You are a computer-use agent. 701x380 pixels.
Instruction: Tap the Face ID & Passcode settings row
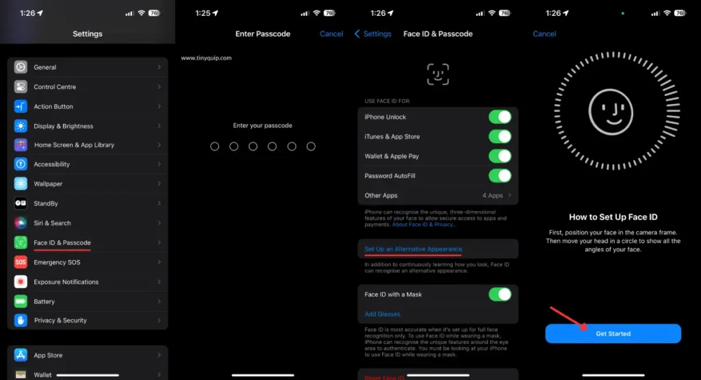click(x=62, y=242)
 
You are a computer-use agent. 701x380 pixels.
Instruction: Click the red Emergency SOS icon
click(x=21, y=262)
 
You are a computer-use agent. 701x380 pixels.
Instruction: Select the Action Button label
click(x=53, y=107)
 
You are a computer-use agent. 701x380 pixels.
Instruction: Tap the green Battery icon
click(x=21, y=301)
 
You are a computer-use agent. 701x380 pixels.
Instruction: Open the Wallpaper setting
click(x=48, y=184)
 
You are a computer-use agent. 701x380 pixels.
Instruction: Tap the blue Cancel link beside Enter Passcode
click(x=331, y=34)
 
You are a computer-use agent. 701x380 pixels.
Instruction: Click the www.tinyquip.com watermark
click(x=206, y=58)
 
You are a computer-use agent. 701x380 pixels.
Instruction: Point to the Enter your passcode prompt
click(x=263, y=126)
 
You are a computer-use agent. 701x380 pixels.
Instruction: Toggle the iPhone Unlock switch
click(x=500, y=117)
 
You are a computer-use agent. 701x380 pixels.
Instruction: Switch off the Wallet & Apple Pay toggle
click(x=500, y=156)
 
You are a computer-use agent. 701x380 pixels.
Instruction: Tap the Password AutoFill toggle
click(x=500, y=176)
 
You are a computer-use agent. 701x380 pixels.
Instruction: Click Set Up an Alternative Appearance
click(x=413, y=249)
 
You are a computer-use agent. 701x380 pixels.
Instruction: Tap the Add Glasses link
click(x=383, y=314)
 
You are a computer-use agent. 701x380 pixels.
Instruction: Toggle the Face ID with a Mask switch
click(x=500, y=294)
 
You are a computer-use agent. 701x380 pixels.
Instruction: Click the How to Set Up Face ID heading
click(x=613, y=217)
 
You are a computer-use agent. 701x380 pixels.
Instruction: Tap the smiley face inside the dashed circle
click(x=613, y=112)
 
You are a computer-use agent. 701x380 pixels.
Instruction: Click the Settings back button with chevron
click(x=373, y=34)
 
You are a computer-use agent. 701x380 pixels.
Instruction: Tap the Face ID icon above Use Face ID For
click(x=438, y=74)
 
